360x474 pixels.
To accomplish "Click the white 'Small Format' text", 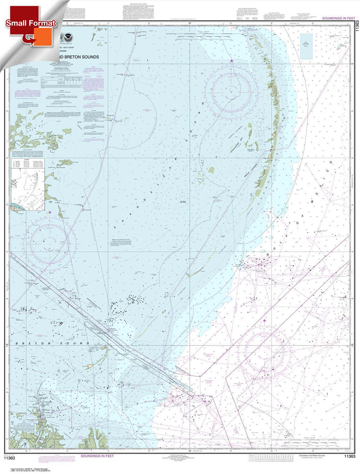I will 31,23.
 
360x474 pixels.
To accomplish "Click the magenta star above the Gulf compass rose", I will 265,320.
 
